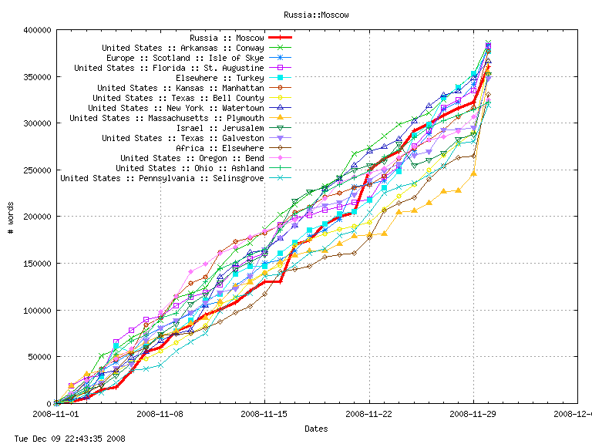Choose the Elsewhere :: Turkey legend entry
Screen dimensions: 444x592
(220, 78)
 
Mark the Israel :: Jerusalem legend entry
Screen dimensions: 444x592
(220, 128)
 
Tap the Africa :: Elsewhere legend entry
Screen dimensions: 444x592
(220, 148)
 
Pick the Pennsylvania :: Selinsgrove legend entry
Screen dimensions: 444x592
(162, 178)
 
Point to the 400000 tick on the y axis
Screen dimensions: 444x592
(35, 30)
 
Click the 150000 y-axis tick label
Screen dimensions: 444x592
(35, 264)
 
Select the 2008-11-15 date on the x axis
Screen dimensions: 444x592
(264, 414)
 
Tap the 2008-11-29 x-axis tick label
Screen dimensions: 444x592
(473, 414)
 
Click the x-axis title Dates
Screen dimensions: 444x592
(315, 429)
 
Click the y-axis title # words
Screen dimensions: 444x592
(10, 217)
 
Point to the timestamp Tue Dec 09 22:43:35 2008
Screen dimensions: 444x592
(63, 439)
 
